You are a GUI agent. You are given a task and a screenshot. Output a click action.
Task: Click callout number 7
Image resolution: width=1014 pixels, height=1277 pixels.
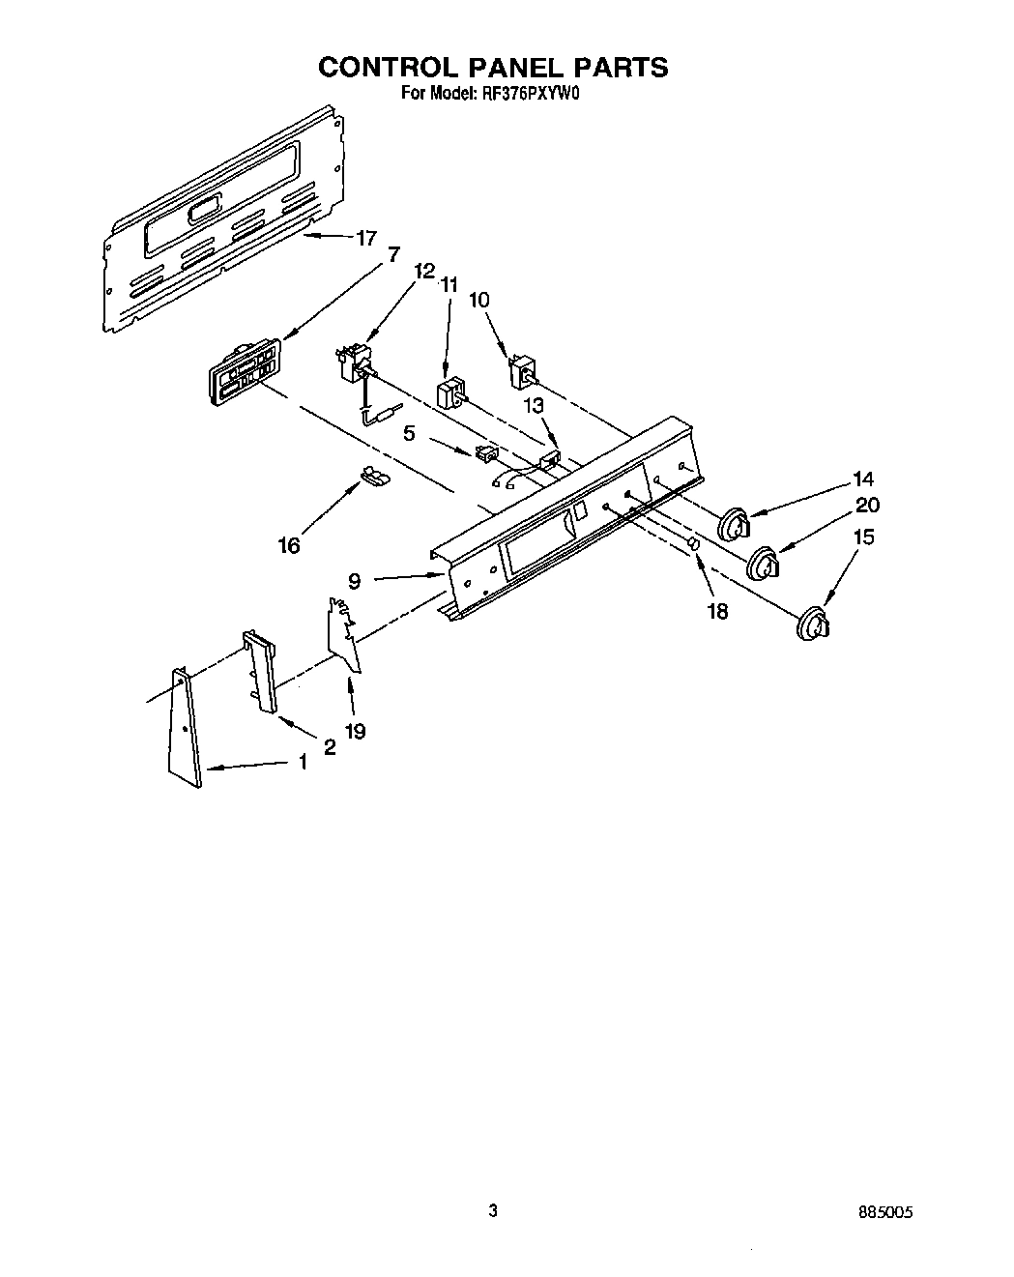click(392, 254)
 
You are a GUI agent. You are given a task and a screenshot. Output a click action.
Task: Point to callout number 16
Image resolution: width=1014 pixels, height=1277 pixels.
click(288, 545)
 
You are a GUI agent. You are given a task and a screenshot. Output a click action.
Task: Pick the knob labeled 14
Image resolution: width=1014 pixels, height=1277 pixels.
click(736, 525)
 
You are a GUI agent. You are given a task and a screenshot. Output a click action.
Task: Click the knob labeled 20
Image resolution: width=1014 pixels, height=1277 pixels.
click(765, 565)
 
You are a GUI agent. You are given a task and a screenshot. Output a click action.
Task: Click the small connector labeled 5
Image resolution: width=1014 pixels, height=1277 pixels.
click(486, 451)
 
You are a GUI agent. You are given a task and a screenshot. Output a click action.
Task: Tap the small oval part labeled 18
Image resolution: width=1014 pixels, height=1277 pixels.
click(693, 547)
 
